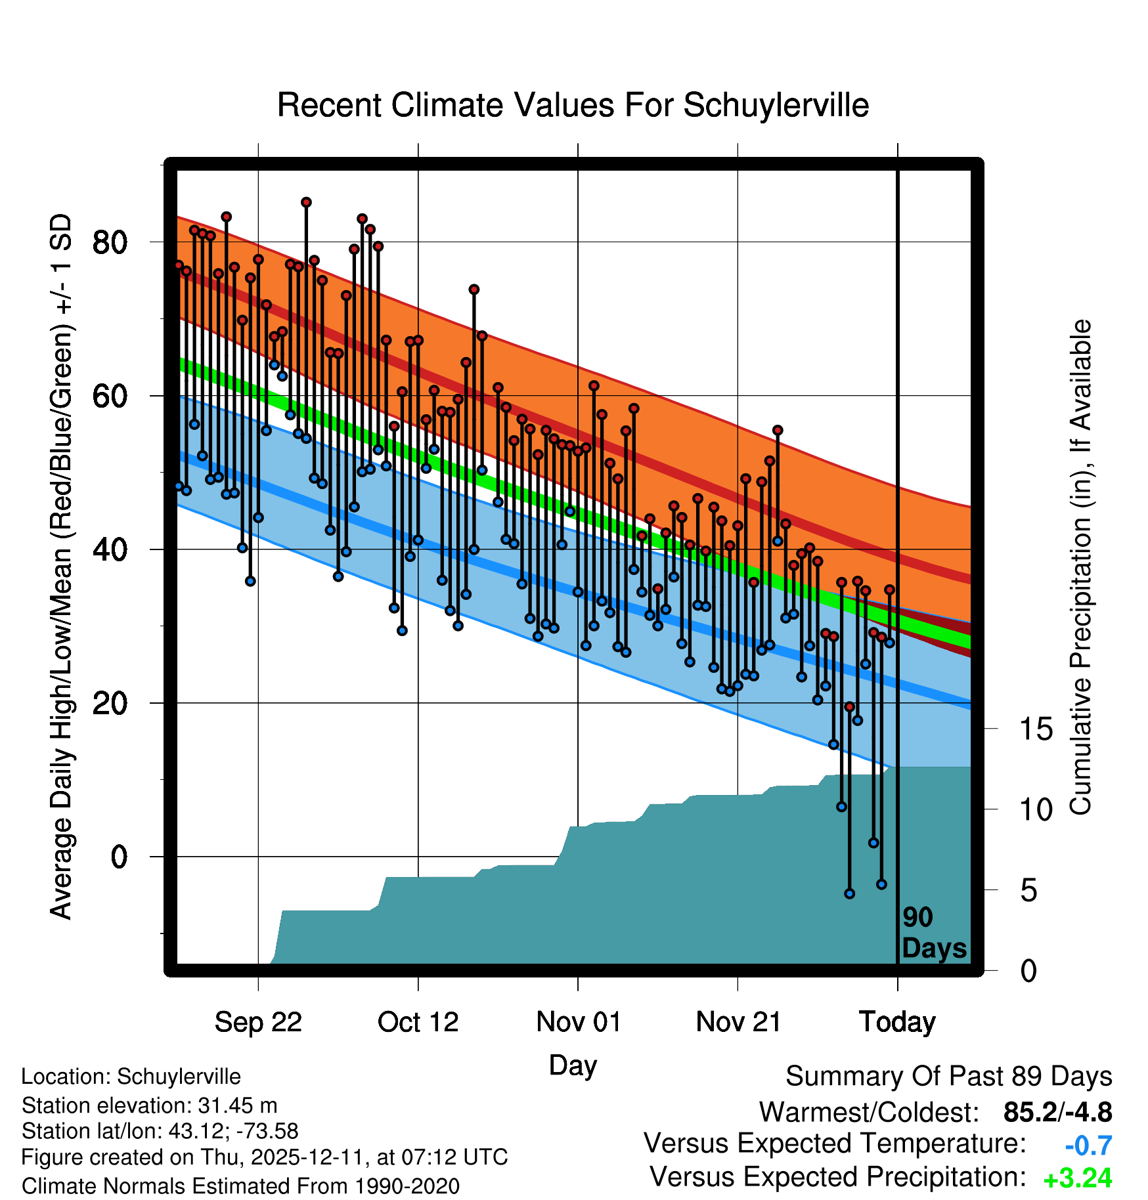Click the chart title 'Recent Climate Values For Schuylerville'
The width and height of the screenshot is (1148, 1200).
tap(573, 105)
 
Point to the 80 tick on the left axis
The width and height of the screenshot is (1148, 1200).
tap(109, 242)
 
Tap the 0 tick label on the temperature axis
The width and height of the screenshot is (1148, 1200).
tap(119, 857)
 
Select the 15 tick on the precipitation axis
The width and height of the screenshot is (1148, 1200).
tap(1036, 729)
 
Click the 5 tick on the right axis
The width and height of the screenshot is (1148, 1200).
tap(1028, 891)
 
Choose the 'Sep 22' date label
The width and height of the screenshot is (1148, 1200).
tap(258, 1022)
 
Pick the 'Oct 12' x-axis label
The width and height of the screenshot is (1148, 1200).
tap(418, 1022)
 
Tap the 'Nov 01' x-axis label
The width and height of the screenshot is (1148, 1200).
tap(578, 1022)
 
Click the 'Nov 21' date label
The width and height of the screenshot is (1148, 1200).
tap(738, 1022)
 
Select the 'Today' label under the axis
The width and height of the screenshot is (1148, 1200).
tap(897, 1022)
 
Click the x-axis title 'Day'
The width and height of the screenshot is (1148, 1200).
tap(573, 1065)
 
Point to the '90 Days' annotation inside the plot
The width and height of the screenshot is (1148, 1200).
tap(933, 933)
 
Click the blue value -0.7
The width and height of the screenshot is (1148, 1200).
tap(1088, 1146)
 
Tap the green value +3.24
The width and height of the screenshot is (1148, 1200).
tap(1078, 1178)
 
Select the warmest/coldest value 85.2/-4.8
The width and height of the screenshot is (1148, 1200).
tap(1057, 1112)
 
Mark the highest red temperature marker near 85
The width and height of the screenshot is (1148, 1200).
tap(306, 202)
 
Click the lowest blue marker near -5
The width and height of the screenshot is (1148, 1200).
tap(849, 893)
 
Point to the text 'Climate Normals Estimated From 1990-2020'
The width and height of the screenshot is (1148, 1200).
tap(240, 1186)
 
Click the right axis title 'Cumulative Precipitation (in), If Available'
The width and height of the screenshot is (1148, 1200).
tap(1080, 567)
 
